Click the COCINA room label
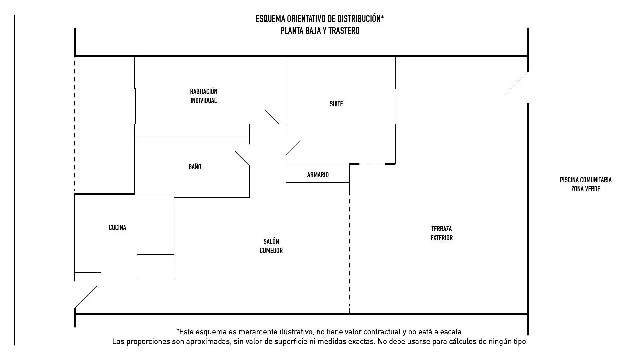[x=117, y=228]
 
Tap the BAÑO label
[x=195, y=167]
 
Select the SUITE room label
[x=336, y=104]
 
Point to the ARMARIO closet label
[x=318, y=175]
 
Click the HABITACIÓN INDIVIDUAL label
[x=204, y=96]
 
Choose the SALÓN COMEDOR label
[x=271, y=246]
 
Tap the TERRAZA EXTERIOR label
[x=442, y=233]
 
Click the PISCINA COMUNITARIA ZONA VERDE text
[x=586, y=184]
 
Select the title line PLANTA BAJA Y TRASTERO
[x=320, y=31]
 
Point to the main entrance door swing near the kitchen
[x=86, y=297]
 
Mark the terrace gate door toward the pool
[x=517, y=83]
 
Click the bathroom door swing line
[x=242, y=158]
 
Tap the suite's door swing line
[x=293, y=148]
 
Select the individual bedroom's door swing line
[x=272, y=117]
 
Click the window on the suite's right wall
[x=395, y=106]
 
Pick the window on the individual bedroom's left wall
[x=135, y=106]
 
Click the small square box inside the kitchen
[x=155, y=267]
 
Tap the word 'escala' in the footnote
[x=452, y=332]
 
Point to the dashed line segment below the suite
[x=372, y=164]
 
